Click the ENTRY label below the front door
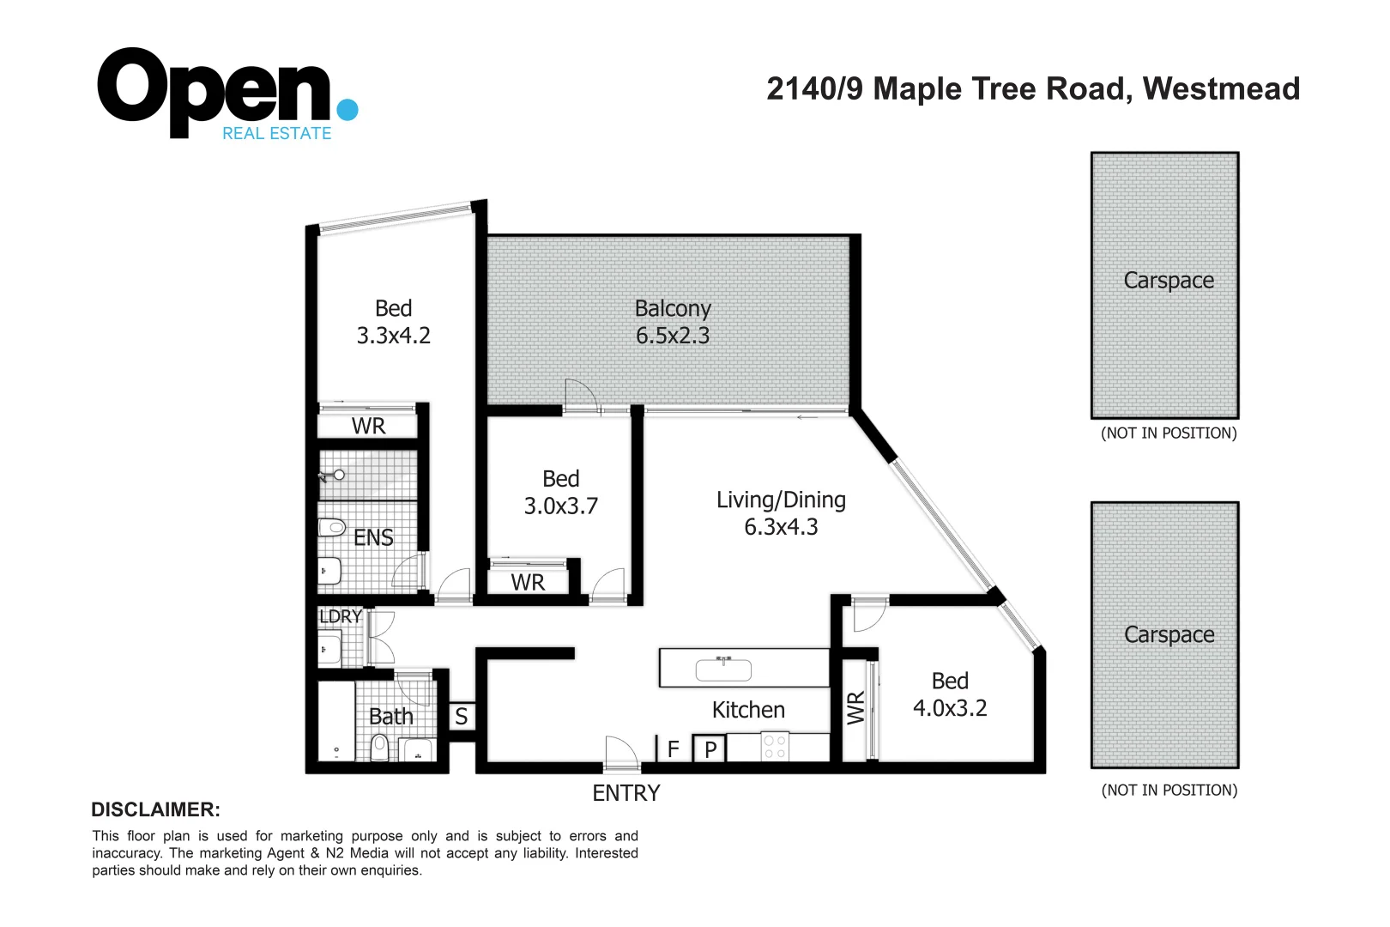pos(626,793)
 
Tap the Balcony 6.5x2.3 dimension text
pos(673,336)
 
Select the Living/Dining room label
pos(781,500)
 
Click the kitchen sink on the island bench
pos(723,669)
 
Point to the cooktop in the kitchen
pos(775,747)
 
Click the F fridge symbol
pos(674,749)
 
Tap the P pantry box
pos(710,749)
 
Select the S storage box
pos(462,717)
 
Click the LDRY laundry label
pos(340,616)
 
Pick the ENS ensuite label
pos(373,538)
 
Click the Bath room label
pos(391,717)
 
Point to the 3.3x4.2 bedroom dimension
pos(394,336)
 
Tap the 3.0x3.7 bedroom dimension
pos(561,506)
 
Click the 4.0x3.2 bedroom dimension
pos(950,708)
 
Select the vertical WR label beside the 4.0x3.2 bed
pos(856,708)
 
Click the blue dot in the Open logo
pos(347,110)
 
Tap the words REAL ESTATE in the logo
pos(276,134)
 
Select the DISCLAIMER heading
pos(155,809)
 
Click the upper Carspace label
pos(1169,281)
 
